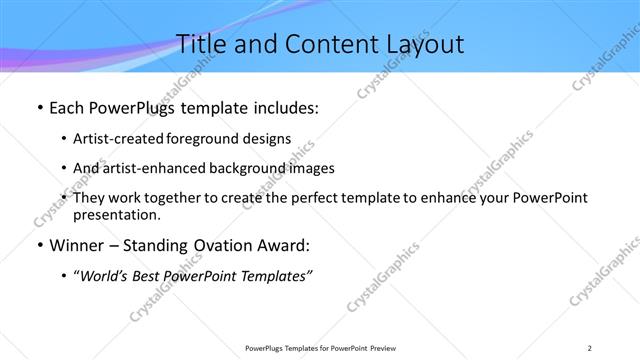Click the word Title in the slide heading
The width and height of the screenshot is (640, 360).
(201, 44)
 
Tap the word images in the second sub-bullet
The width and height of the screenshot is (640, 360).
(312, 168)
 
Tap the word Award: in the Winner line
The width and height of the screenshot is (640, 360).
(282, 246)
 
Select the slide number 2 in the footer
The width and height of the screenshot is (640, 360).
(590, 347)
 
